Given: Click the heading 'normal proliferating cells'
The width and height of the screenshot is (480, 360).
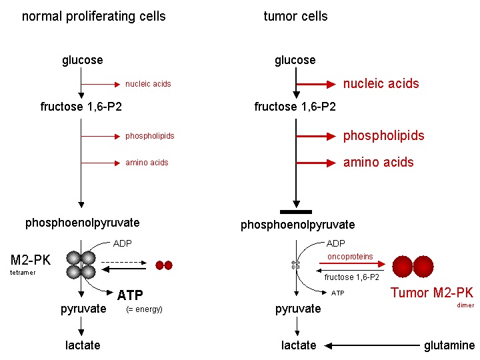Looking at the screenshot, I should [x=94, y=16].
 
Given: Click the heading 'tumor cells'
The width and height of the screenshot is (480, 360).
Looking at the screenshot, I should [x=295, y=16].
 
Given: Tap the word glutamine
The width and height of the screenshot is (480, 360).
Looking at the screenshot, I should [x=449, y=345].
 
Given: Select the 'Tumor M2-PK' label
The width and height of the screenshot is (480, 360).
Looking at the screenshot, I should [x=431, y=293].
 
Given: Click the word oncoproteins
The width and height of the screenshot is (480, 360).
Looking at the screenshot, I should [x=350, y=257].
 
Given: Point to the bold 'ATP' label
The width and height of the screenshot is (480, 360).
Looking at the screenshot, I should [x=131, y=295].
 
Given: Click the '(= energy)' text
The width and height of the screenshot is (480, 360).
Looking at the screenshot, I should [x=144, y=309].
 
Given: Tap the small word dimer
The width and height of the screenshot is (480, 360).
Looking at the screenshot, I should [x=465, y=305].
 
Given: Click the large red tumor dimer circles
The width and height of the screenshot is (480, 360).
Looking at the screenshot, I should [x=413, y=266].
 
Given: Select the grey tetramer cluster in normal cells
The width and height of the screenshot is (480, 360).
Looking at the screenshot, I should [x=81, y=265].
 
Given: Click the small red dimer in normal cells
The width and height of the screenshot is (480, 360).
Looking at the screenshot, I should [x=164, y=265].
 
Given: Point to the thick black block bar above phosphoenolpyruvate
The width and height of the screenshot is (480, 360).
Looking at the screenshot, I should [x=295, y=211].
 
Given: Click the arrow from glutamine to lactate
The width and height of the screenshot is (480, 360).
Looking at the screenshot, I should [x=373, y=345].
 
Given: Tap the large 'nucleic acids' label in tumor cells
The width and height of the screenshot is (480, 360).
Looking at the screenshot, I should [x=381, y=83].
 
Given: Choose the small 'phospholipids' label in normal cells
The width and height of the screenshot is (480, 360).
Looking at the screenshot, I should [x=149, y=136].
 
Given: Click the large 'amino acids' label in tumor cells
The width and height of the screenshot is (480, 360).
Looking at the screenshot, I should [x=378, y=162].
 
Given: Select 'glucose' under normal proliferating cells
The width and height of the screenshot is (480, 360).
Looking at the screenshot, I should [x=83, y=60].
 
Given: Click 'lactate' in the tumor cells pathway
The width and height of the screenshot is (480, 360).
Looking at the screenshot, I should [x=299, y=345].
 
